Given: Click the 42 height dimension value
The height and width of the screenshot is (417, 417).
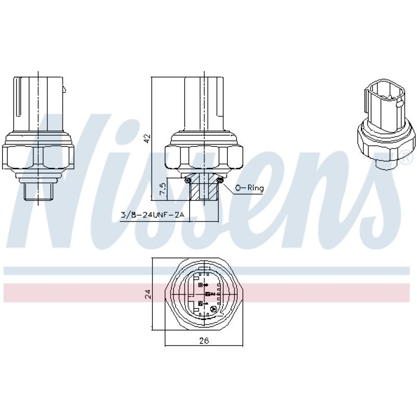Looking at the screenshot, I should click(x=147, y=138).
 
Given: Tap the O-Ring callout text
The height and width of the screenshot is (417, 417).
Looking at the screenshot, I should click(x=249, y=188).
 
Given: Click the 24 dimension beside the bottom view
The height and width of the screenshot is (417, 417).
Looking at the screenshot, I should click(x=148, y=294).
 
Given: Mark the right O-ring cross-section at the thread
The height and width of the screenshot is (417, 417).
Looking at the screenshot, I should click(x=220, y=180).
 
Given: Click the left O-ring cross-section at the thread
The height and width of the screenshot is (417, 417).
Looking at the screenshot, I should click(x=187, y=180).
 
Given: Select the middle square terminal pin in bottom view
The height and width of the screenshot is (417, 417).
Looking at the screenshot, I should click(x=207, y=295).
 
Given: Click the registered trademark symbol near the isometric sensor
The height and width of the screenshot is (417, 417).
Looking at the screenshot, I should click(x=403, y=155).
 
